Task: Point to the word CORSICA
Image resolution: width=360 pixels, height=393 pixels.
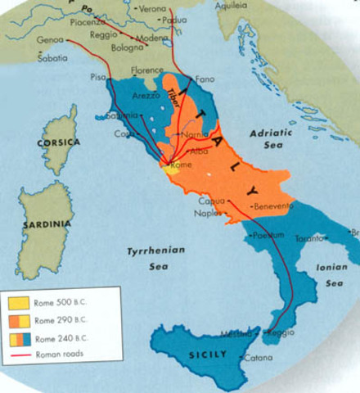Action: coord(59,142)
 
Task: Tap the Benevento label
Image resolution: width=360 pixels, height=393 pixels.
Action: coord(273,206)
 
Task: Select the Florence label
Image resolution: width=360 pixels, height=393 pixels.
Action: coord(148,70)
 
